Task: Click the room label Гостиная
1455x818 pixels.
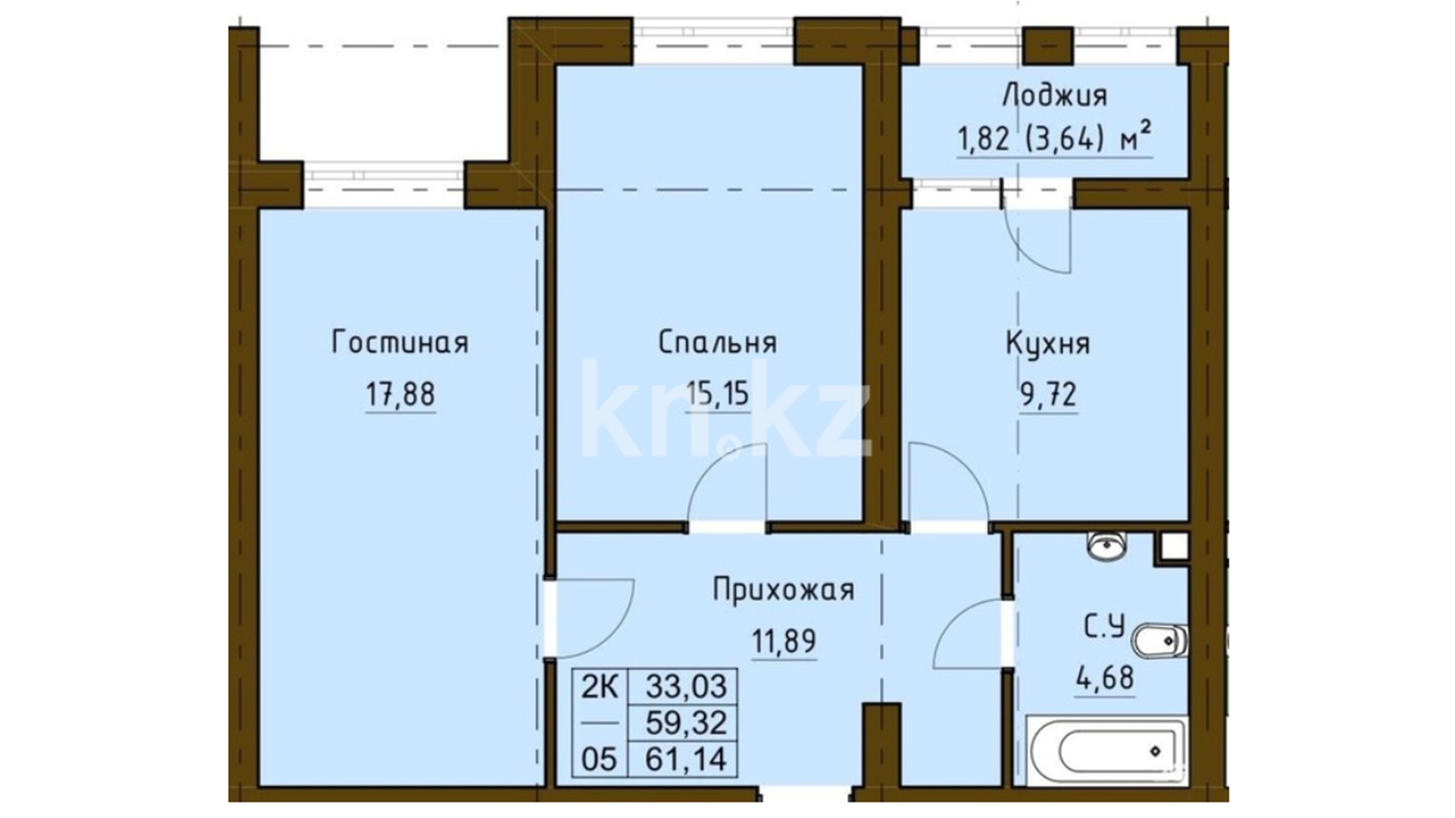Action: coord(400,343)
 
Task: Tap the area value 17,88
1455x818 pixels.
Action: coord(400,395)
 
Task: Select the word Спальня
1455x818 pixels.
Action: coord(717,342)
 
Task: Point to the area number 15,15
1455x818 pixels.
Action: coord(717,394)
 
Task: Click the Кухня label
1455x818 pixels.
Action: coord(1047,343)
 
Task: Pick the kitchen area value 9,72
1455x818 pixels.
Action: coord(1048,395)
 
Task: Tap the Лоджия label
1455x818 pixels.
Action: coord(1054,95)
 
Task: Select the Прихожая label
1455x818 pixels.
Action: coord(784,590)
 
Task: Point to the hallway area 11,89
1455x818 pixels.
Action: coord(784,642)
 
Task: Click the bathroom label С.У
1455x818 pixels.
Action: coord(1104,627)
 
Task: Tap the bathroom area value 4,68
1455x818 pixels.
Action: coord(1104,678)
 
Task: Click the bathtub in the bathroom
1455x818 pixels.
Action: coord(1107,751)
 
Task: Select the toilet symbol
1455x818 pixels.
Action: coord(1159,642)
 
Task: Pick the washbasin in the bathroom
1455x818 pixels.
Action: coord(1106,545)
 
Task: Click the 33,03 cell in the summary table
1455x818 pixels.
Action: coord(685,687)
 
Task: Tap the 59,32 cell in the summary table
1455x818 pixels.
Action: coord(685,723)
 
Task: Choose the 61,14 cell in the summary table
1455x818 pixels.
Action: coord(685,758)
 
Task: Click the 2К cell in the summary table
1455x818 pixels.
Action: coord(599,687)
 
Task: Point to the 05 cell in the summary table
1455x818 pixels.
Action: coord(599,758)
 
